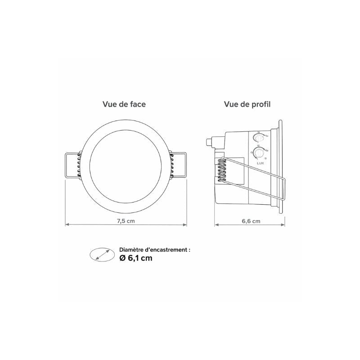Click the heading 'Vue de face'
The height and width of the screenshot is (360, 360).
tap(124, 104)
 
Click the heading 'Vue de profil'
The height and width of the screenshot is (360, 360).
tap(247, 104)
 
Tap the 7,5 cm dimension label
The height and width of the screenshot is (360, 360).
tap(126, 221)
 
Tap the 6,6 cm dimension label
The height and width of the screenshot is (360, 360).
tap(251, 221)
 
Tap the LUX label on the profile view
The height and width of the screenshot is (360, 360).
tap(261, 163)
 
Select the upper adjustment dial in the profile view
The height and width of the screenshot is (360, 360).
tap(258, 138)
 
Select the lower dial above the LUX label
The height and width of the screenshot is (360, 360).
tap(259, 153)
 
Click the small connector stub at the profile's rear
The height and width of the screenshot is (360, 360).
tap(208, 142)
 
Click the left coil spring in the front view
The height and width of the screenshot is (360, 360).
tap(79, 166)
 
